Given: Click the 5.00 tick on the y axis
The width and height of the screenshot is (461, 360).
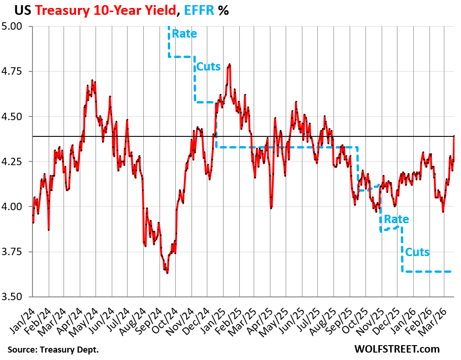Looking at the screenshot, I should click(x=16, y=26).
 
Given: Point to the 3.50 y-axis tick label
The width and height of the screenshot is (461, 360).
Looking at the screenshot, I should click(x=16, y=296).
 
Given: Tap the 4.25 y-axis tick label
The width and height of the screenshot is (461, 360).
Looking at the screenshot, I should click(x=16, y=161).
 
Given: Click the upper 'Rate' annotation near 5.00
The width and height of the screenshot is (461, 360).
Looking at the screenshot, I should click(x=184, y=33).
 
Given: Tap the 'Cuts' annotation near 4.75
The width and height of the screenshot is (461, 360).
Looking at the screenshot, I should click(x=208, y=66).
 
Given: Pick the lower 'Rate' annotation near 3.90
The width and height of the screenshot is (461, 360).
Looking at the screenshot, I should click(x=396, y=219).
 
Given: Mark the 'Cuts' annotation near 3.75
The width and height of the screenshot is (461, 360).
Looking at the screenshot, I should click(x=417, y=252).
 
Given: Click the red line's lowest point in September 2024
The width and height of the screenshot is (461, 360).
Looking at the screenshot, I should click(x=167, y=273).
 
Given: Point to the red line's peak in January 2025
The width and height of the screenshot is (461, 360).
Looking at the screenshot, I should click(x=230, y=64).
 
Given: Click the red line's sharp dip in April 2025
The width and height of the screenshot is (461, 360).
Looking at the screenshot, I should click(x=271, y=208).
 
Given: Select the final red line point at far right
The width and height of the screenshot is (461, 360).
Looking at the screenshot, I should click(x=454, y=136).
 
